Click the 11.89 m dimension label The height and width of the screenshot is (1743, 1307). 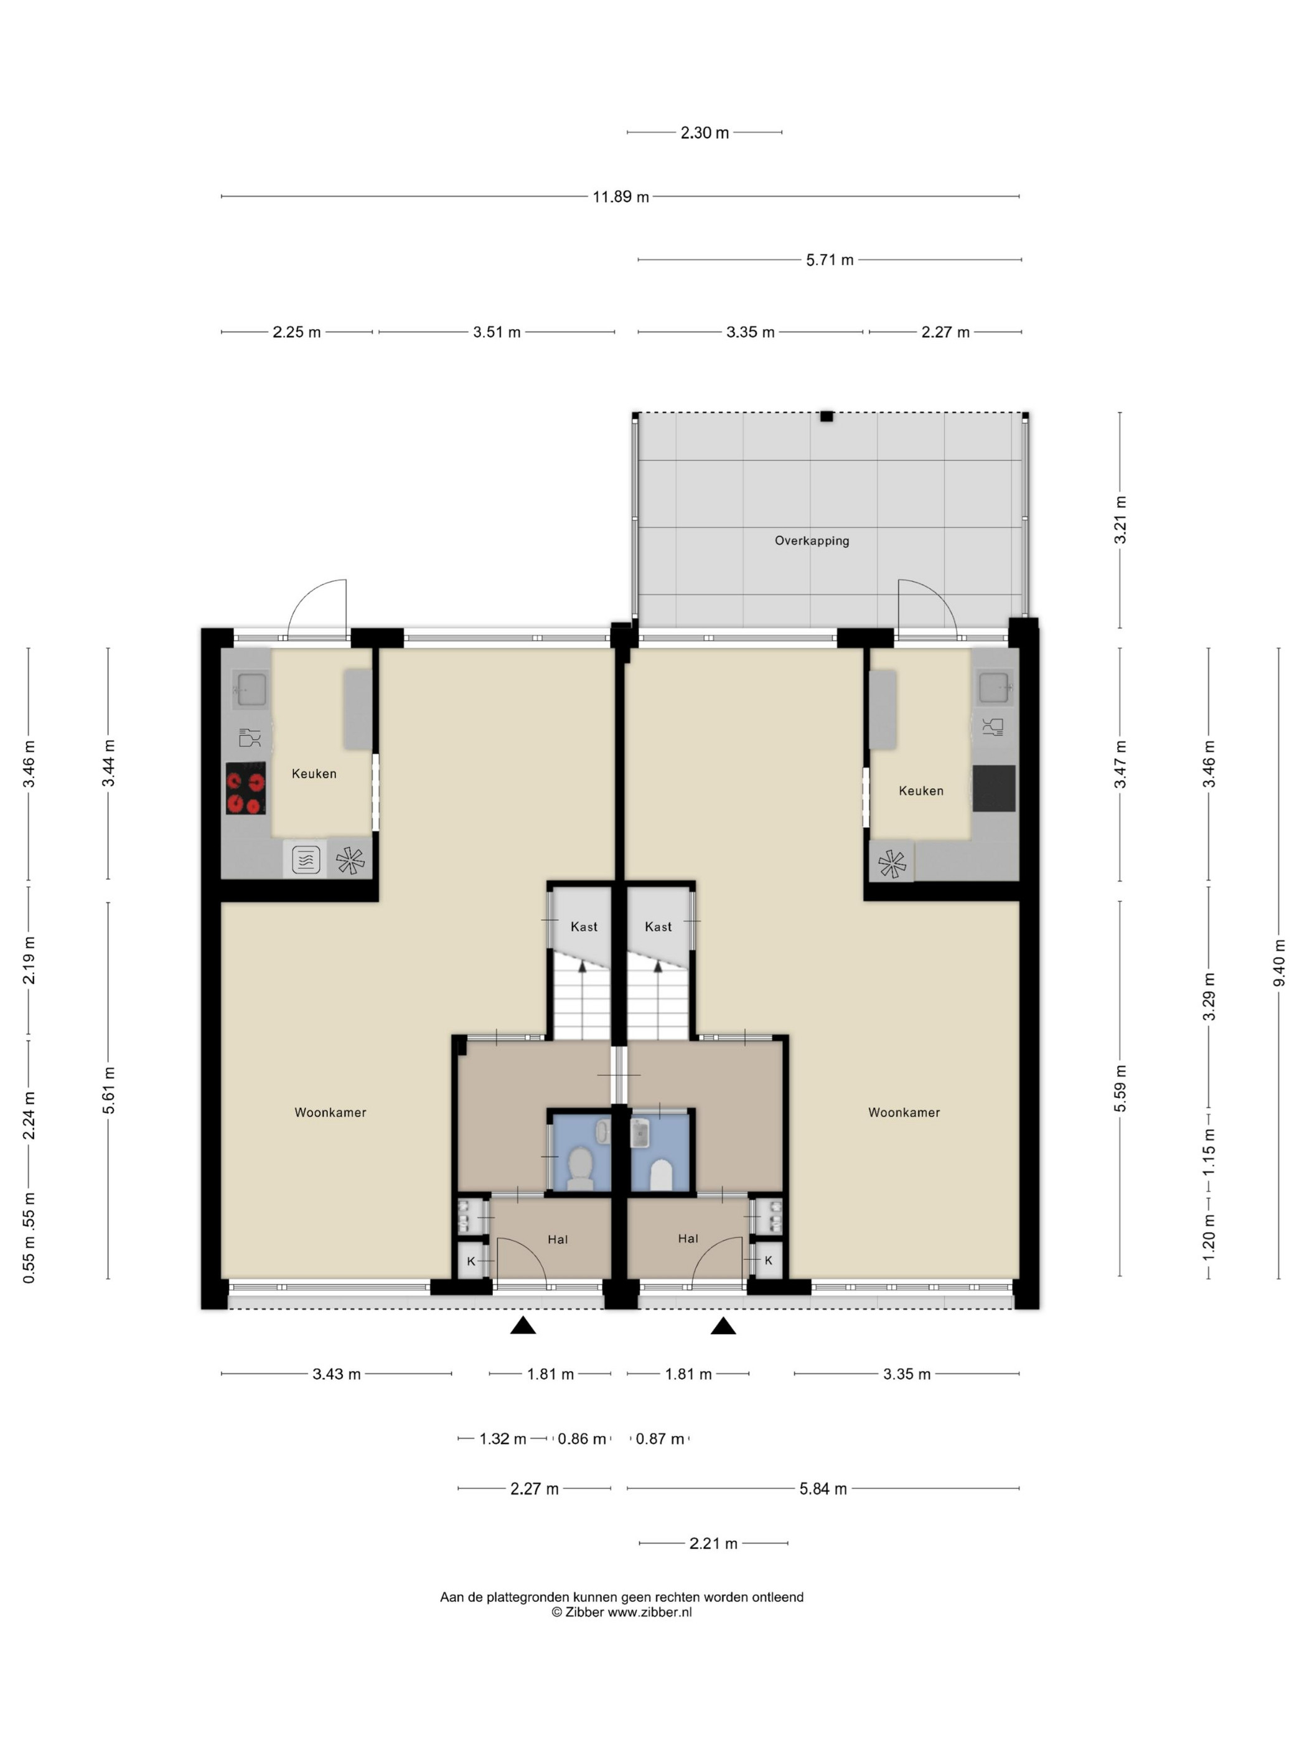point(621,197)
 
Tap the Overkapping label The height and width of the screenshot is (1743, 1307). point(812,540)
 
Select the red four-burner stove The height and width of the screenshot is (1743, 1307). point(246,788)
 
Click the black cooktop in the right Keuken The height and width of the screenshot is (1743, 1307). point(993,788)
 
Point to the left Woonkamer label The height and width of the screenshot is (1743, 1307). point(330,1112)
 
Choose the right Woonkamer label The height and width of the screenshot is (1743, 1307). point(904,1112)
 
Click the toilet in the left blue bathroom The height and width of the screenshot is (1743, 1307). point(581,1168)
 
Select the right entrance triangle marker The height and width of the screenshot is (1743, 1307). point(723,1325)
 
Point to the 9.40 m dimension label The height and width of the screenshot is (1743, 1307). point(1278,963)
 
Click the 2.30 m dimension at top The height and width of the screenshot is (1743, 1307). point(705,133)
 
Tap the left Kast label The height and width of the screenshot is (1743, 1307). point(584,927)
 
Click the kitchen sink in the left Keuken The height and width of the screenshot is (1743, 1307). point(251,688)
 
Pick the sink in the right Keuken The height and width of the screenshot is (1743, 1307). point(994,687)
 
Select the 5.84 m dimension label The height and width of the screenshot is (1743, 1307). point(823,1489)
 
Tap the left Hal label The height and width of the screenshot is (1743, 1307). point(558,1239)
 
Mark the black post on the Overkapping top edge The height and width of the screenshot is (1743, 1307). point(826,417)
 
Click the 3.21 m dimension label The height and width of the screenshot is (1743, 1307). point(1120,520)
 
